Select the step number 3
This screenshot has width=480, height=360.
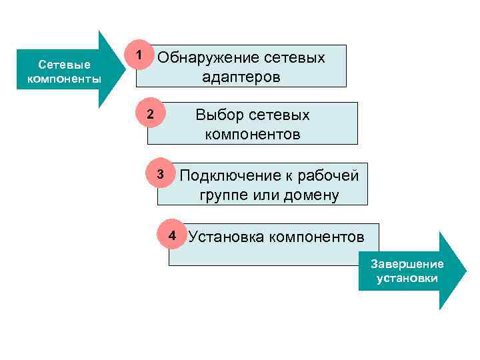click(160, 175)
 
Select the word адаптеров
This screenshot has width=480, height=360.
click(241, 77)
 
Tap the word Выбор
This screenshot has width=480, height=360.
click(218, 115)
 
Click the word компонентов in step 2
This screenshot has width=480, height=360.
click(253, 135)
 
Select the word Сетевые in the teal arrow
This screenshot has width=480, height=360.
click(64, 66)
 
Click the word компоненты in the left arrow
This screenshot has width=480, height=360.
click(64, 79)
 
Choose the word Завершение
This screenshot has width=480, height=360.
click(407, 265)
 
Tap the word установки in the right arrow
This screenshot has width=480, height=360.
click(407, 277)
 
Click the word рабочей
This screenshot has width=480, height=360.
click(331, 176)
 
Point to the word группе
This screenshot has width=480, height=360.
click(223, 196)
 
